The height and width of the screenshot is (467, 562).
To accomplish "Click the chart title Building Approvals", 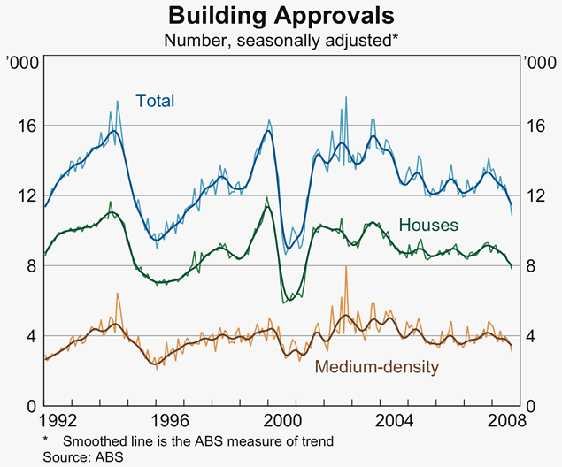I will [x=281, y=16].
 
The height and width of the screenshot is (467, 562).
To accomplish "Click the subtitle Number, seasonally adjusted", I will [x=281, y=40].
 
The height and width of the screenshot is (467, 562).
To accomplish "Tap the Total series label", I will [x=155, y=101].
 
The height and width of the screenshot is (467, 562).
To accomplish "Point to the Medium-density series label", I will [x=376, y=365].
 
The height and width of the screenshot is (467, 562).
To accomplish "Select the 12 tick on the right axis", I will [x=535, y=195].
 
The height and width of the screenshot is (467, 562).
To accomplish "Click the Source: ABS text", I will [x=82, y=457].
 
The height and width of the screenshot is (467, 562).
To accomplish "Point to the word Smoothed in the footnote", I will [x=94, y=440].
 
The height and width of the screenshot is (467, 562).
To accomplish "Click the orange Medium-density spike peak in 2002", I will [x=345, y=268].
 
